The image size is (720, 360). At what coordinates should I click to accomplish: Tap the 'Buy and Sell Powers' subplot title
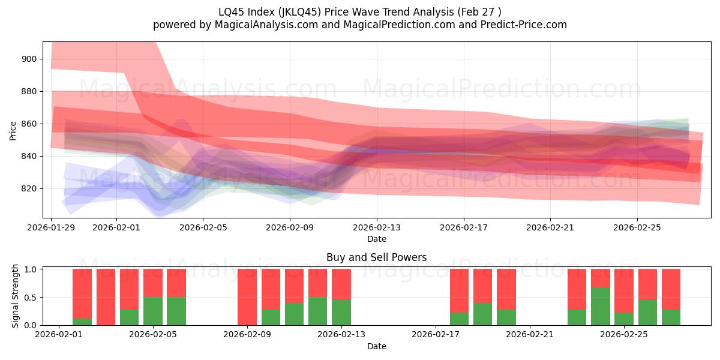coord(376,257)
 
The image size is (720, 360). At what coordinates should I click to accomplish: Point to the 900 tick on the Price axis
coord(29,59)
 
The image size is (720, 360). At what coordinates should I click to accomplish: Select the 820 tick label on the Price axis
coord(29,188)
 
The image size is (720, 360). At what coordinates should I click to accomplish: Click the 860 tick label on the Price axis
coord(29,124)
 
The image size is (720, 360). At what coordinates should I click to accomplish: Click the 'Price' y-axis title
coord(13,130)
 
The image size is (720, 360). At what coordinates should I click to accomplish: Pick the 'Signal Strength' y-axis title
coord(16,296)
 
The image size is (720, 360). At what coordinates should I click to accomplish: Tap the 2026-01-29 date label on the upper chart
coord(51,228)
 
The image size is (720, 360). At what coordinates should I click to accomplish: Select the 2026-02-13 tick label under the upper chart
coord(377,228)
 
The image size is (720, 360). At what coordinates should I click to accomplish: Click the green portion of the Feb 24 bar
coord(601,306)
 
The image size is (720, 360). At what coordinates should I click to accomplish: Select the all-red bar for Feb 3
coord(106,297)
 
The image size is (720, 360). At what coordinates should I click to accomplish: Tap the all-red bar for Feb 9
coord(247,297)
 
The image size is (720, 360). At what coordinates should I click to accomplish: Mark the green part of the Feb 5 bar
coord(153,311)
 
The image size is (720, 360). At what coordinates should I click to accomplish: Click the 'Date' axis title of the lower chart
coord(376,346)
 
